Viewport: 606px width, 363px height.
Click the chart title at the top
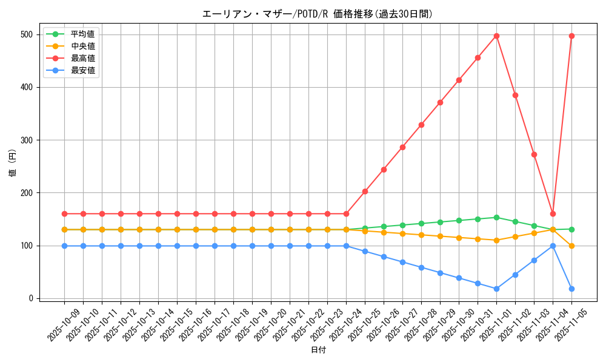pyautogui.click(x=318, y=14)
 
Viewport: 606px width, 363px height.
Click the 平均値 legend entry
pyautogui.click(x=82, y=34)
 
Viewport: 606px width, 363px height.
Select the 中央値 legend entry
pyautogui.click(x=82, y=46)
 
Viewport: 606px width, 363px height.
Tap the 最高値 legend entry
pyautogui.click(x=82, y=58)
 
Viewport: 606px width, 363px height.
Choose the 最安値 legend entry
pyautogui.click(x=82, y=70)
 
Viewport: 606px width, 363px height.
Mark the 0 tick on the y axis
pyautogui.click(x=30, y=298)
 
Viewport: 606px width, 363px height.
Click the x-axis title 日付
pyautogui.click(x=318, y=350)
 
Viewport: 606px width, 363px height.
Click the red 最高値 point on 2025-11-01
pyautogui.click(x=496, y=36)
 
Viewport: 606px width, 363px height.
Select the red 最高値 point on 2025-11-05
pyautogui.click(x=571, y=36)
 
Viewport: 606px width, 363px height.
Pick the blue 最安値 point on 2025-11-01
pyautogui.click(x=496, y=289)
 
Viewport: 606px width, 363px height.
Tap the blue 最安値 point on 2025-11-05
pyautogui.click(x=571, y=289)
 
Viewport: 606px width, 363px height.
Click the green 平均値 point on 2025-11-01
pyautogui.click(x=496, y=217)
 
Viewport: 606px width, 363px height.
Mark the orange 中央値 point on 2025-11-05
pyautogui.click(x=571, y=246)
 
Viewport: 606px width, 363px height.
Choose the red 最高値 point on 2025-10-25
pyautogui.click(x=365, y=191)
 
